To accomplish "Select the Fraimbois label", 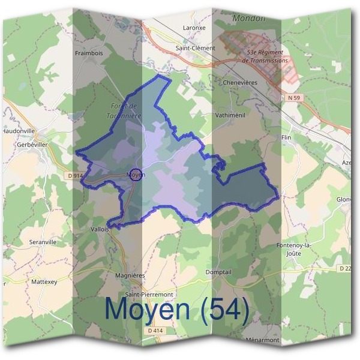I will click(x=90, y=53).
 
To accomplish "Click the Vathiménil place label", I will click(x=229, y=113).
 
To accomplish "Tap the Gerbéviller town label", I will click(x=32, y=145).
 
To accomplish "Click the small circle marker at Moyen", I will click(x=136, y=175).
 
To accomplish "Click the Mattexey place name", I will click(x=43, y=281).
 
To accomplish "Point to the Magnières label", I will click(x=147, y=274).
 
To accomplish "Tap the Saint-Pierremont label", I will click(x=153, y=295).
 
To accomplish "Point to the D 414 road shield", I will click(x=155, y=330).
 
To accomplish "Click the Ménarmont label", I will click(x=263, y=340).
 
